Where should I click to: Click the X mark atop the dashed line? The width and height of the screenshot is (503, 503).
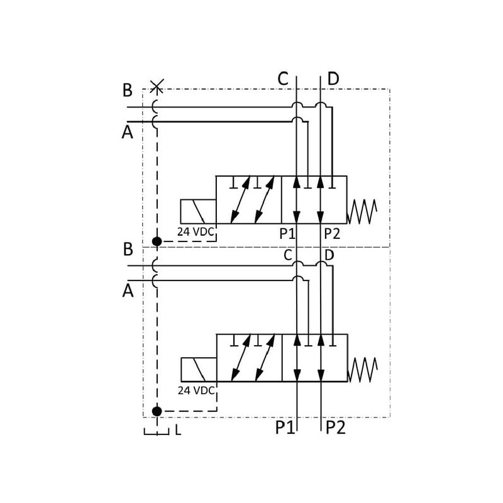coord(157,86)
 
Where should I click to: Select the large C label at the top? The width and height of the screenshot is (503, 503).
coord(283,79)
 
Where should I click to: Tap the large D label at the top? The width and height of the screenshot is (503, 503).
coord(333,79)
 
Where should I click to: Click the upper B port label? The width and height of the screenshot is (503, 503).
coord(128,91)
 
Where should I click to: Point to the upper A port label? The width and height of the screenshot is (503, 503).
coord(128,133)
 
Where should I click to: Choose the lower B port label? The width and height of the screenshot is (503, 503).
coord(128,250)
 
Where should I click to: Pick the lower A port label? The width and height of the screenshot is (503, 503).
coord(128,291)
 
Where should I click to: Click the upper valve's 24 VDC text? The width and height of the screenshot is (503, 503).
coord(196,232)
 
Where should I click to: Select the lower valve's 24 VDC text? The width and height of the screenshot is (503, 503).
coord(196,390)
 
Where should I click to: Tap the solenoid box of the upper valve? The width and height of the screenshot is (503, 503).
coord(198,211)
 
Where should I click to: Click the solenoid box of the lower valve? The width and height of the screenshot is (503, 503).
coord(199,369)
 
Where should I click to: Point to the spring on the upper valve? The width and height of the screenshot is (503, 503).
coord(363,211)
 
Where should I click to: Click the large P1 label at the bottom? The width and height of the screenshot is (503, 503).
coord(285,428)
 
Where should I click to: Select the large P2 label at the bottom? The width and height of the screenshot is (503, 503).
coord(336,428)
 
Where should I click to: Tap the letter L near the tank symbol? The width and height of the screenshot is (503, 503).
coord(178,431)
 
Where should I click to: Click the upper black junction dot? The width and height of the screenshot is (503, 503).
coord(157,241)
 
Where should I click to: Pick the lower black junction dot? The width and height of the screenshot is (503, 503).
coord(157,411)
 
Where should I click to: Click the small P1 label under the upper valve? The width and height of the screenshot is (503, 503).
coord(287,234)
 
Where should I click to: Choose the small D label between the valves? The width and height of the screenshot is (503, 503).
coord(329,255)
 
